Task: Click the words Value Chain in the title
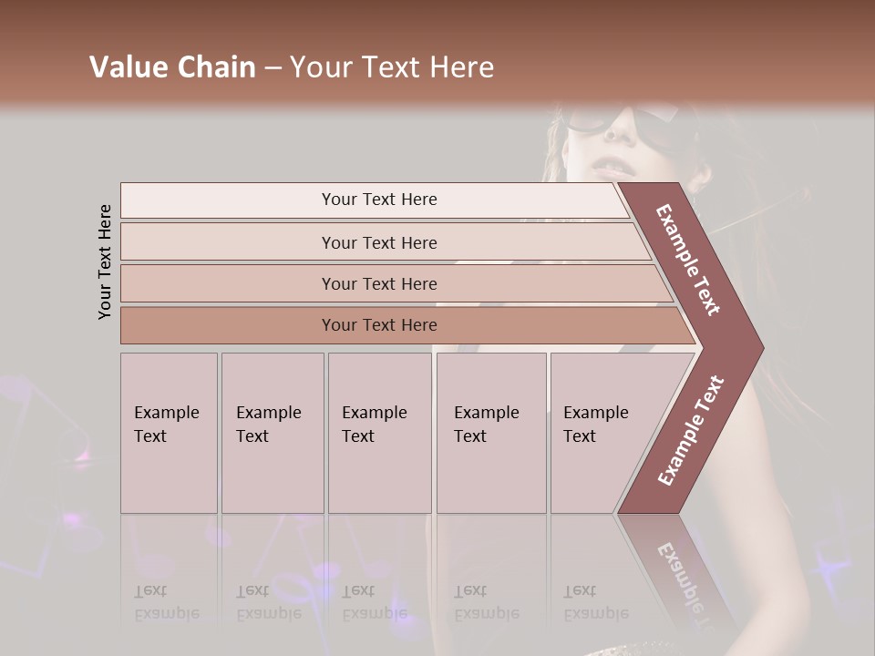(172, 67)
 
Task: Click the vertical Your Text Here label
(105, 261)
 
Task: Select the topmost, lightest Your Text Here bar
(378, 200)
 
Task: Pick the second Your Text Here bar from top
(378, 242)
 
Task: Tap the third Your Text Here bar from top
(378, 283)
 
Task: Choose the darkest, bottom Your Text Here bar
(378, 325)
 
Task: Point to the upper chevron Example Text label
(689, 260)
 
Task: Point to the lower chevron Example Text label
(690, 430)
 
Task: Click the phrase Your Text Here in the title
(392, 67)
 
